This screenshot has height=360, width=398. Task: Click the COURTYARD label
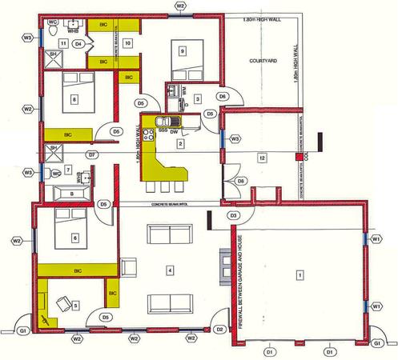pos(263,60)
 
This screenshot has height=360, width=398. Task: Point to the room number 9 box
pos(183,50)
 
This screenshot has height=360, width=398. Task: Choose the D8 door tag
pos(241,182)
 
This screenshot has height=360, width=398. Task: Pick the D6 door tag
pos(223,97)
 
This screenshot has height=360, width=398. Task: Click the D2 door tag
pos(219,329)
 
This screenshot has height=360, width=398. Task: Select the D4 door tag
pos(78,44)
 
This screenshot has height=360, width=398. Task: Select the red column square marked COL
pos(298,158)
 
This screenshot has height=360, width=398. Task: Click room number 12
pos(261,159)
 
